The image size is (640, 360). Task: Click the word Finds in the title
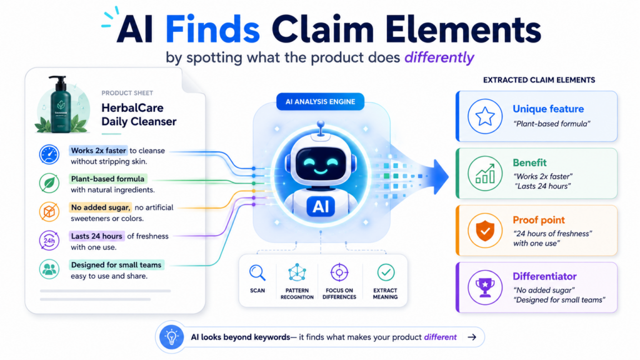click(x=212, y=29)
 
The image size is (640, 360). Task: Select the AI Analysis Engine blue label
click(x=320, y=102)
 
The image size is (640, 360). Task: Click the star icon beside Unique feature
click(x=485, y=116)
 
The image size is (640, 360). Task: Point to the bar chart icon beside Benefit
click(x=485, y=174)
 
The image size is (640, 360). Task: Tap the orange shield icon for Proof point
click(x=485, y=231)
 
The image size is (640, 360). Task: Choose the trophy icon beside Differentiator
click(x=485, y=287)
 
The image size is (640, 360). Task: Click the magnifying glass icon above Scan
click(x=257, y=272)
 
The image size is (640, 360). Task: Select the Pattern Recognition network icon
click(x=297, y=272)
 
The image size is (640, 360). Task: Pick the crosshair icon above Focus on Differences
click(x=339, y=272)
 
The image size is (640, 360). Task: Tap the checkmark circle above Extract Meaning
click(x=386, y=272)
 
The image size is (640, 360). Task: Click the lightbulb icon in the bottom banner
click(x=171, y=337)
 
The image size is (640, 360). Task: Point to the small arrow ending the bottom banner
click(x=472, y=337)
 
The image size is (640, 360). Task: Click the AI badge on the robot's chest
click(x=321, y=206)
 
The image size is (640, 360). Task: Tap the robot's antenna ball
click(x=321, y=124)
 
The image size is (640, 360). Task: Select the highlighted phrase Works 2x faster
click(x=98, y=150)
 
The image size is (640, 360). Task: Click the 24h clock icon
click(x=49, y=241)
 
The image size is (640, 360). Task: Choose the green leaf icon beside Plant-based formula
click(x=49, y=183)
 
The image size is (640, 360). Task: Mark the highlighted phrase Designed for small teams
click(x=116, y=265)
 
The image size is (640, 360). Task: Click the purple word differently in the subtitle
click(x=439, y=57)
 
